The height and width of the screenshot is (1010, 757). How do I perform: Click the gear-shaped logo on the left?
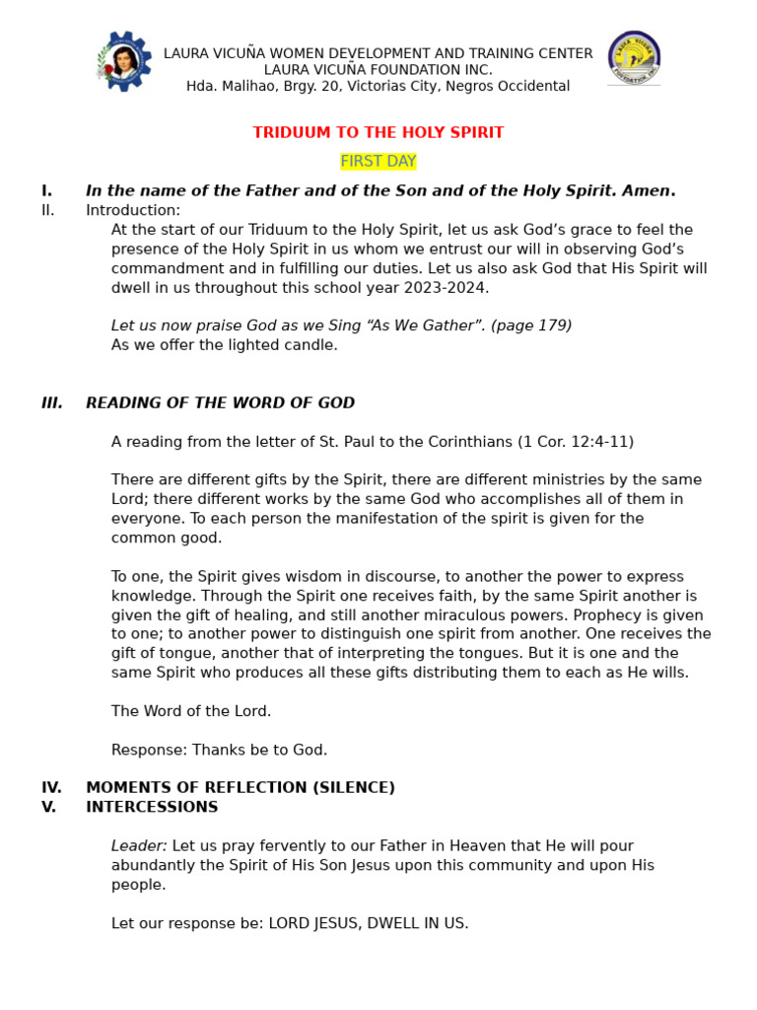pyautogui.click(x=124, y=61)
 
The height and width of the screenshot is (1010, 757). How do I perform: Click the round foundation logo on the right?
pyautogui.click(x=634, y=58)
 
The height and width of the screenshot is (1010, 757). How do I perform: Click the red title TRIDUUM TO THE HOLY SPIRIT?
pyautogui.click(x=378, y=132)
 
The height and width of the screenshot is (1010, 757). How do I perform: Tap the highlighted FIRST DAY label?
pyautogui.click(x=378, y=162)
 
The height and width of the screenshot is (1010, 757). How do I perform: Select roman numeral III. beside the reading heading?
pyautogui.click(x=52, y=403)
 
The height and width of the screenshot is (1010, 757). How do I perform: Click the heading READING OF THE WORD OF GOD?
pyautogui.click(x=220, y=403)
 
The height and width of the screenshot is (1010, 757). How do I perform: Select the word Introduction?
pyautogui.click(x=133, y=210)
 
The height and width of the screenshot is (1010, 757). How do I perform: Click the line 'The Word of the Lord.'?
pyautogui.click(x=191, y=711)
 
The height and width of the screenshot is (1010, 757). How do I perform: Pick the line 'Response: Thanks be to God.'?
pyautogui.click(x=219, y=750)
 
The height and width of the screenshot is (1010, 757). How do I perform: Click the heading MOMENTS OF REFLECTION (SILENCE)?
pyautogui.click(x=241, y=788)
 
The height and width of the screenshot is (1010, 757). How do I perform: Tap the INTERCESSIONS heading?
pyautogui.click(x=152, y=807)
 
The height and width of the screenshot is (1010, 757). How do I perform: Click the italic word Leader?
pyautogui.click(x=139, y=846)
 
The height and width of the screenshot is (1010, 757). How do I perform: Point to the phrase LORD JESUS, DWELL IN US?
pyautogui.click(x=369, y=923)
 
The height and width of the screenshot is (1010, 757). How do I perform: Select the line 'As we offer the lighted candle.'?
pyautogui.click(x=225, y=345)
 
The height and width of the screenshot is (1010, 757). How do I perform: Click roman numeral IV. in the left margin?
pyautogui.click(x=51, y=788)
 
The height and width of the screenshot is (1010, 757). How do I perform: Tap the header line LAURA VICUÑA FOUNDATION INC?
pyautogui.click(x=378, y=70)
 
